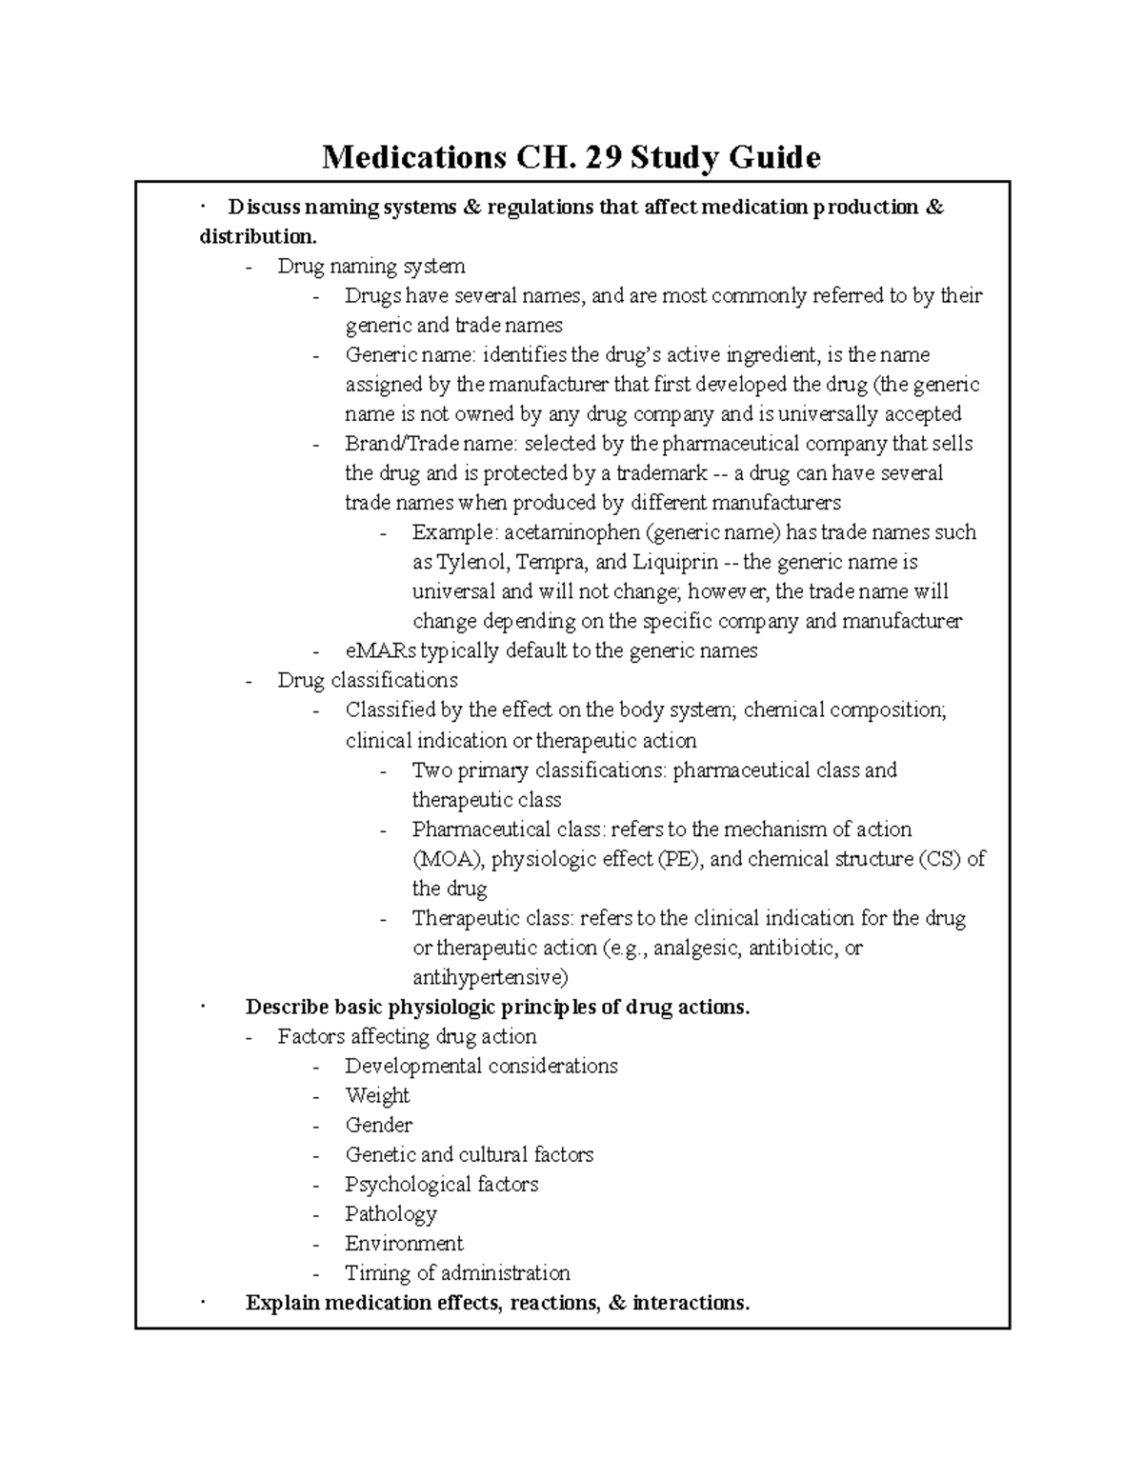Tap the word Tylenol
474,562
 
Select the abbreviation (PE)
679,859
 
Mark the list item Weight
377,1096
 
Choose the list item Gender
378,1126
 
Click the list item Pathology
391,1214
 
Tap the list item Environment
404,1244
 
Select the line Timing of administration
457,1273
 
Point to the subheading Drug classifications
367,681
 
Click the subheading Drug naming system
371,267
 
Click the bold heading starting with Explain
497,1303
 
